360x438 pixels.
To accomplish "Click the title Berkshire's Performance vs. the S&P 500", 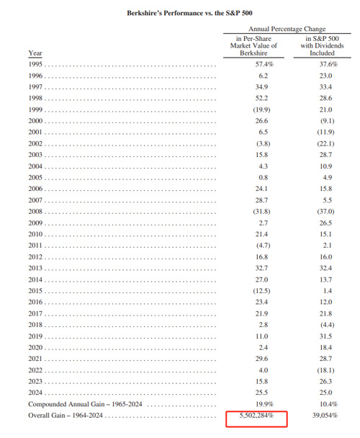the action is point(189,13).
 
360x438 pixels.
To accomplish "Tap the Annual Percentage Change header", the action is point(287,29).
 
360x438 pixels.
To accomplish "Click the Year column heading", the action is point(35,53).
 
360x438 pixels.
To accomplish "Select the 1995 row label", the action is point(35,64).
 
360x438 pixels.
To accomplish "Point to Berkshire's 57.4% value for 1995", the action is point(264,64).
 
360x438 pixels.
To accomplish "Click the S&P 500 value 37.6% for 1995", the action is point(328,64).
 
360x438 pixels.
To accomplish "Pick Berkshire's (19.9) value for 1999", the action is point(261,109).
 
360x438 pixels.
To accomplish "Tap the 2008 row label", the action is point(35,212).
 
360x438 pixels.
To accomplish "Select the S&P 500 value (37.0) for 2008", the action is point(325,212).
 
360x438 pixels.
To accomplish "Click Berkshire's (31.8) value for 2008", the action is point(261,212).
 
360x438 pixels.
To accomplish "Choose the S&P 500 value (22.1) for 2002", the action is point(325,143).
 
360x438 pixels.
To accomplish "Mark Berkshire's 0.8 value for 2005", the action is point(264,177).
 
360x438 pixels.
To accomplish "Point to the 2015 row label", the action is point(35,291).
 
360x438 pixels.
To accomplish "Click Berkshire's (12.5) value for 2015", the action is point(261,291).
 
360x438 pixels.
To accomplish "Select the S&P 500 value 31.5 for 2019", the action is point(326,336).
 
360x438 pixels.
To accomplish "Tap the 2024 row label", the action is point(35,393).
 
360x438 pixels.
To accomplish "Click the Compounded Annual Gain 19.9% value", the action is point(264,404).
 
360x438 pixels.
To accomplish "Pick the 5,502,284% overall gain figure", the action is point(256,416).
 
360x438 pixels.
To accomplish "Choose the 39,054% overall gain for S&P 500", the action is point(325,416).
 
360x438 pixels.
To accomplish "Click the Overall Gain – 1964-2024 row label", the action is point(66,416).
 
